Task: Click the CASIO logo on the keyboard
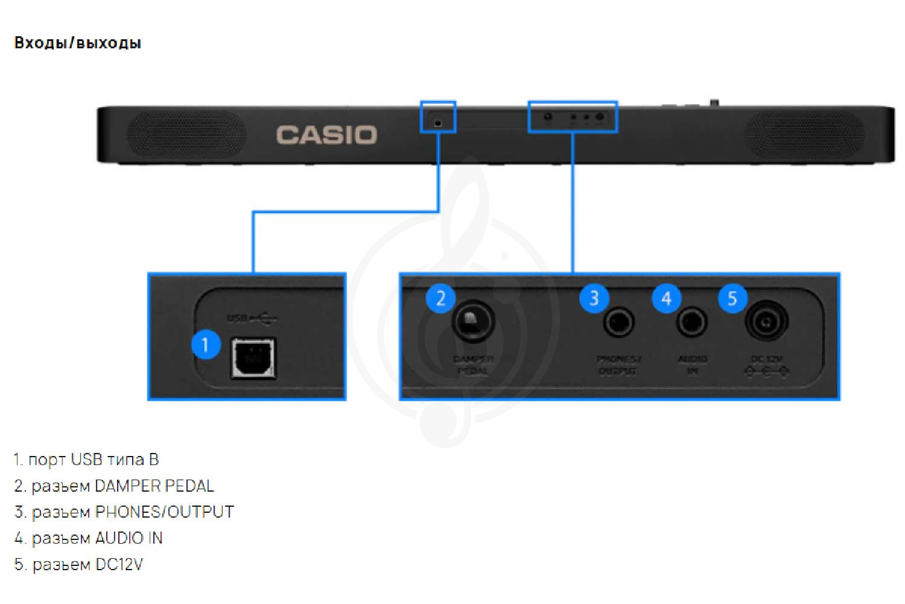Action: pos(326,135)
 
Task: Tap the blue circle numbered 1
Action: pos(205,344)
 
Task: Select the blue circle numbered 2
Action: pos(440,298)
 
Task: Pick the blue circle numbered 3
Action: pos(594,298)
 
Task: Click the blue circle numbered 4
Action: pos(666,298)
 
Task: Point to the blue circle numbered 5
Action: pos(732,298)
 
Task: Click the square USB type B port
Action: pos(253,358)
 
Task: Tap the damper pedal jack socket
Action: pos(473,321)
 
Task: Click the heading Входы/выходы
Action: pos(77,43)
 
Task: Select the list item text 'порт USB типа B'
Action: pos(93,460)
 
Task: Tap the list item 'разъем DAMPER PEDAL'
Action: pos(122,486)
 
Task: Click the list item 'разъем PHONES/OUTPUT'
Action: pos(132,512)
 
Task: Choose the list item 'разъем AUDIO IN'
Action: pos(97,538)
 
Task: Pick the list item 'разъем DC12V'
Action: pos(87,565)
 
